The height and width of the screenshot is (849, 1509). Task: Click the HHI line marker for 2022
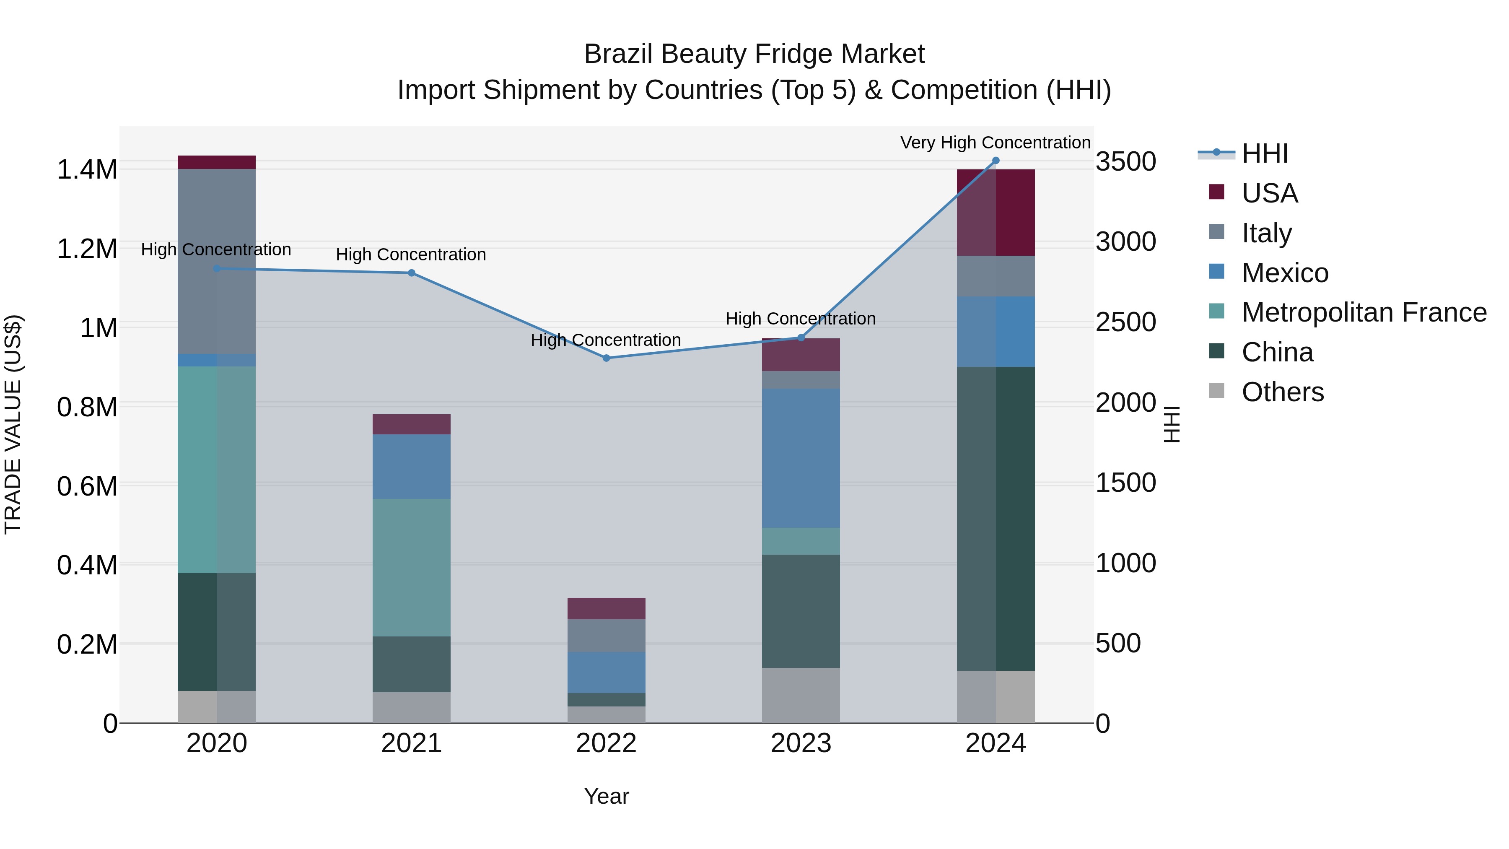point(606,358)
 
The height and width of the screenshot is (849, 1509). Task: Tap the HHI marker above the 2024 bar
point(996,161)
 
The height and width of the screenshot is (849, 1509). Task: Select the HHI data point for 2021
point(411,273)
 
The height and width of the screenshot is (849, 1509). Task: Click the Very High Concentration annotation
point(995,143)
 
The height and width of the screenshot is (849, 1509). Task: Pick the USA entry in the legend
point(1269,193)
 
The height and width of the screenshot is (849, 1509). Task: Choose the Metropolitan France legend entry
point(1363,312)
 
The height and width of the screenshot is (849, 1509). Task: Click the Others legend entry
point(1282,392)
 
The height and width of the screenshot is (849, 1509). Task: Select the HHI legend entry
point(1264,153)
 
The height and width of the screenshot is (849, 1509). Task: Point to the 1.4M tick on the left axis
point(87,169)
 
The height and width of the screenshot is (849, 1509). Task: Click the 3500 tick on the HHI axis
point(1126,162)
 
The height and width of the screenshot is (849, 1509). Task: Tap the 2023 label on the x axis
point(801,743)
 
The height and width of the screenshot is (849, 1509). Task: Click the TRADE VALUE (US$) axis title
point(13,424)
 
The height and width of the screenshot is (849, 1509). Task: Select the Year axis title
point(606,796)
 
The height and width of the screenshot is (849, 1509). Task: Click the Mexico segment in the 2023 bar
point(801,458)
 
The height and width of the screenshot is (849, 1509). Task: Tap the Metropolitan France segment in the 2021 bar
point(411,567)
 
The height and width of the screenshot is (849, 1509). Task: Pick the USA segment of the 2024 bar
point(996,213)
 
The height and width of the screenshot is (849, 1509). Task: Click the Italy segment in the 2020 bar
point(217,261)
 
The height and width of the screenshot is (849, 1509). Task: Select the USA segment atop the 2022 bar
point(606,608)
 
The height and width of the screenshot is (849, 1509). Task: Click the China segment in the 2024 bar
point(996,519)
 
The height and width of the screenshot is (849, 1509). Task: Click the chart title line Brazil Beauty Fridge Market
point(754,54)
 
